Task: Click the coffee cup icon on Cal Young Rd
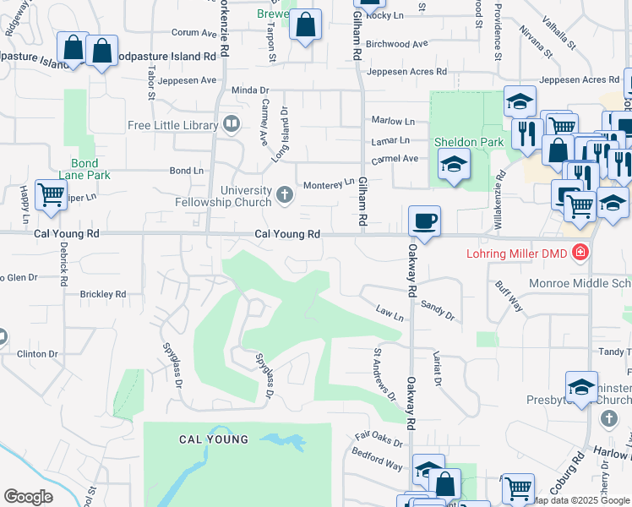424,221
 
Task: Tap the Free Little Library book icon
231,125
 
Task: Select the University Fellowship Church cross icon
285,196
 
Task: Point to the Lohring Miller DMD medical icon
580,252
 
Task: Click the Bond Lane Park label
84,169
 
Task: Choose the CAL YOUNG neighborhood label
214,439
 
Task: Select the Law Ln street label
390,313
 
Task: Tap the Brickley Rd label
102,294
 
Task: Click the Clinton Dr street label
37,354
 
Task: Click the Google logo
28,497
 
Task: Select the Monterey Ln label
330,183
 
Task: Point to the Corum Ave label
194,33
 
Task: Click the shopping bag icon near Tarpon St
306,25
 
